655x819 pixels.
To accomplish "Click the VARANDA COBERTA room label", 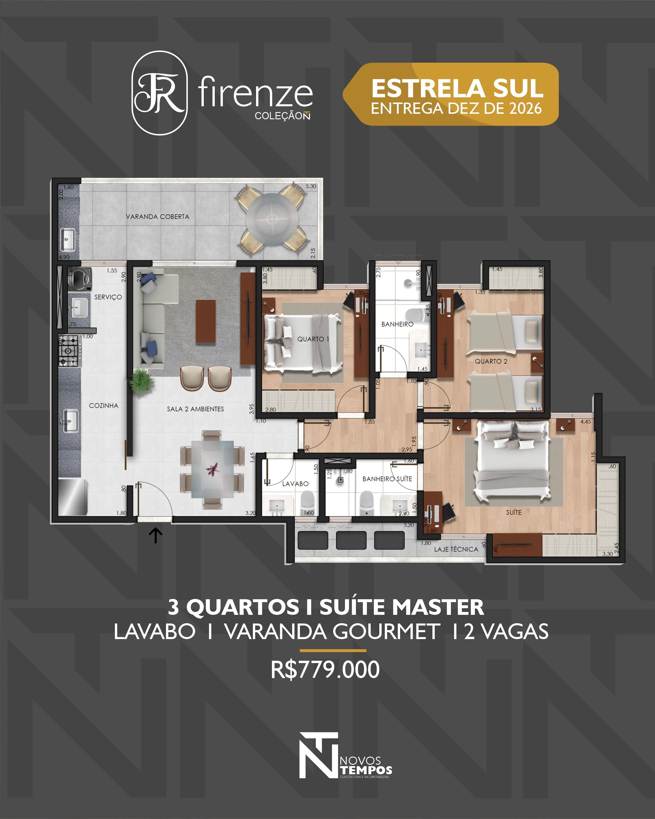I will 158,217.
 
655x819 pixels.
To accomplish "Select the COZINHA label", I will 103,406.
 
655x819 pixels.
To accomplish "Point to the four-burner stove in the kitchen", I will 70,351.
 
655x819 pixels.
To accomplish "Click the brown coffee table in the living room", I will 206,321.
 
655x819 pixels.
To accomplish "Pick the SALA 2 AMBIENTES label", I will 195,409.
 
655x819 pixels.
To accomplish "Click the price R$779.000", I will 325,670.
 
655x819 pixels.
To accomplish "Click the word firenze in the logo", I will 255,92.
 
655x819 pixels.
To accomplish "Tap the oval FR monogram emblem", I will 159,93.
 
